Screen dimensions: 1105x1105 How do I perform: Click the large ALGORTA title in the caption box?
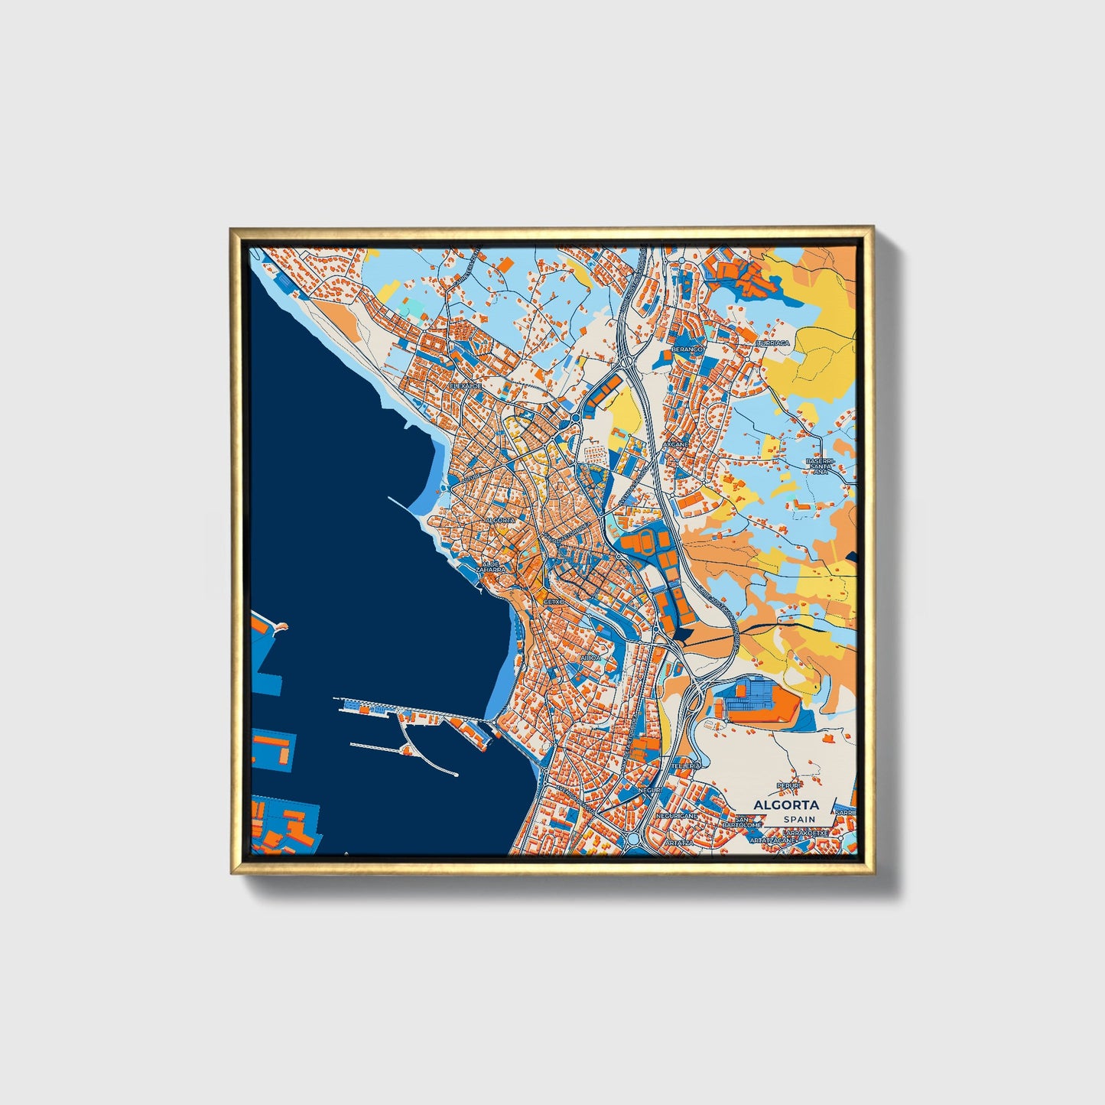pyautogui.click(x=785, y=804)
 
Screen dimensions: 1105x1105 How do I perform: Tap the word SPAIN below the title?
pyautogui.click(x=798, y=820)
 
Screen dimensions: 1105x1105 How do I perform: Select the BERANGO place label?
pyautogui.click(x=686, y=349)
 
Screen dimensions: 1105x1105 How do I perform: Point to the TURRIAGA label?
pyautogui.click(x=772, y=343)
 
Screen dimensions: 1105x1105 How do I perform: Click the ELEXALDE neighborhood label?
pyautogui.click(x=466, y=386)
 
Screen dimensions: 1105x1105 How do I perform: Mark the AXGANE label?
pyautogui.click(x=676, y=444)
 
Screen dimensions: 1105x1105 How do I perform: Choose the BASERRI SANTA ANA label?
pyautogui.click(x=820, y=466)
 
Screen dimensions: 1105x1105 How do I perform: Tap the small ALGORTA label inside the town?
pyautogui.click(x=500, y=520)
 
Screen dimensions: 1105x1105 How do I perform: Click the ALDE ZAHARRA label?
pyautogui.click(x=489, y=567)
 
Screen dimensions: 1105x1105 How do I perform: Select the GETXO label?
pyautogui.click(x=553, y=602)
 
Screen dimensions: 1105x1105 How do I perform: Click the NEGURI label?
pyautogui.click(x=648, y=789)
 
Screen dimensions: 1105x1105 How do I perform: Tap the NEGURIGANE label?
pyautogui.click(x=676, y=816)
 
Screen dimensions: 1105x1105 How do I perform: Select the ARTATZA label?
pyautogui.click(x=678, y=842)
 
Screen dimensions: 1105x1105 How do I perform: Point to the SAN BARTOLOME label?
pyautogui.click(x=742, y=823)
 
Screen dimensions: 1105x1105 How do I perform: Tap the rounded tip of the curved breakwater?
pyautogui.click(x=456, y=775)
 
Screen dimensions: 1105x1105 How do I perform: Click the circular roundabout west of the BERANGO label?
pyautogui.click(x=574, y=418)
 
